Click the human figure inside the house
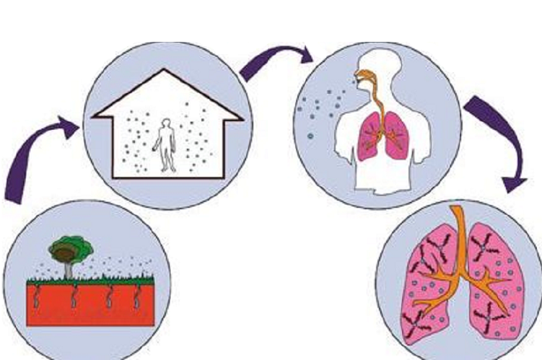pyautogui.click(x=167, y=144)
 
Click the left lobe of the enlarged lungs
pyautogui.click(x=426, y=289)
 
